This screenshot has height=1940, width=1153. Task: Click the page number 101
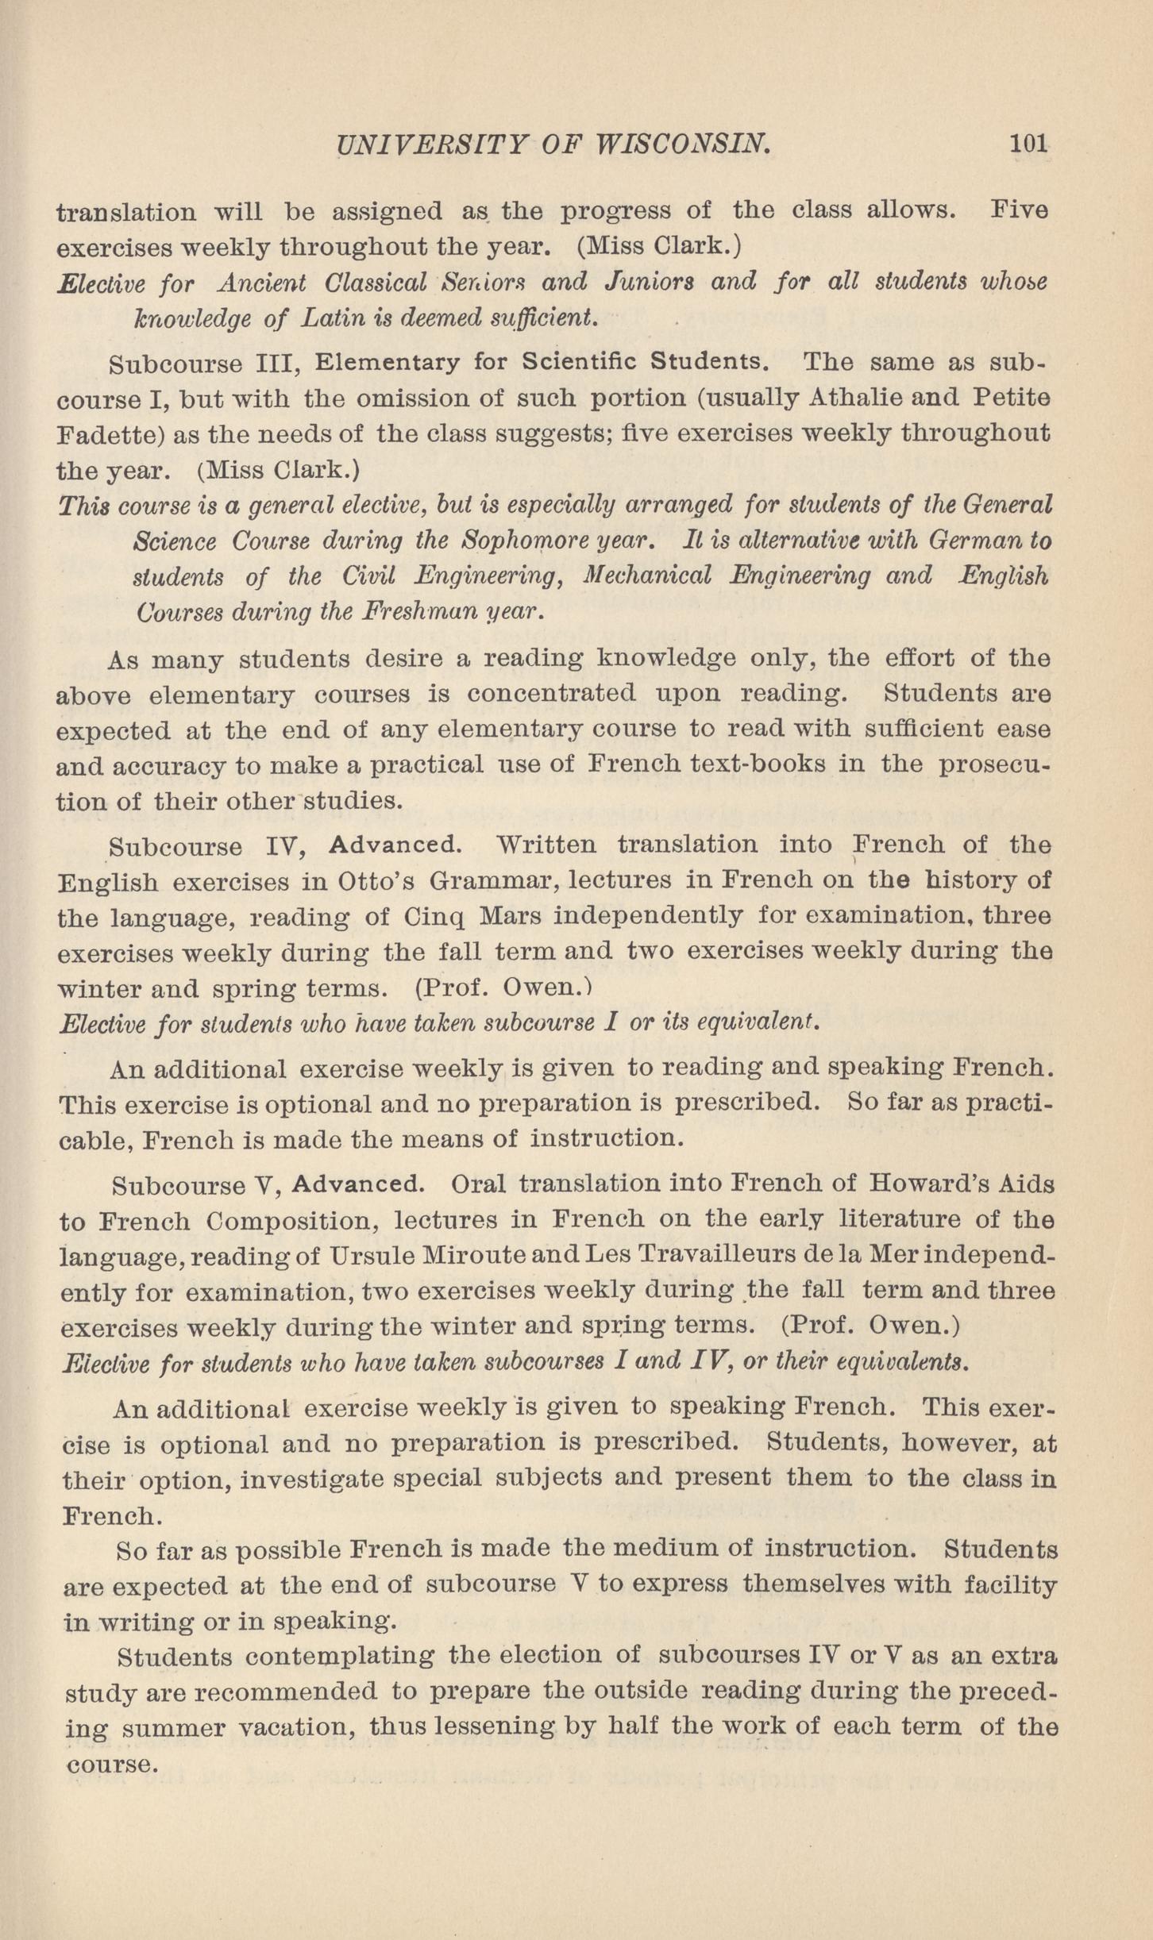click(1028, 144)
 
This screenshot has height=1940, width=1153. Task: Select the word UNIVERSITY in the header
click(431, 144)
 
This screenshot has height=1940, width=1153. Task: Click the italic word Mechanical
click(647, 576)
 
